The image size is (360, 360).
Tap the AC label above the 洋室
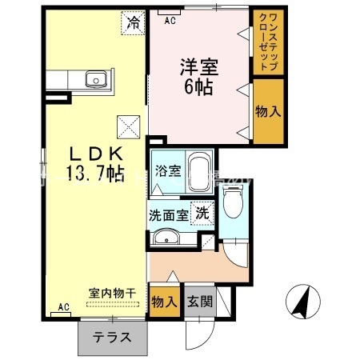point(170,21)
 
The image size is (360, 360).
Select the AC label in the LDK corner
point(64,307)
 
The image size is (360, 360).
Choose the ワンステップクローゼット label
point(266,45)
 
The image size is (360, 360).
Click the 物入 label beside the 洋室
point(267,112)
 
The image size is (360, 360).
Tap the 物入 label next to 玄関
point(164,302)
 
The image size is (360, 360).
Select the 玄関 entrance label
point(199,302)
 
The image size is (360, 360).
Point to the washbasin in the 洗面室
point(166,237)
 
